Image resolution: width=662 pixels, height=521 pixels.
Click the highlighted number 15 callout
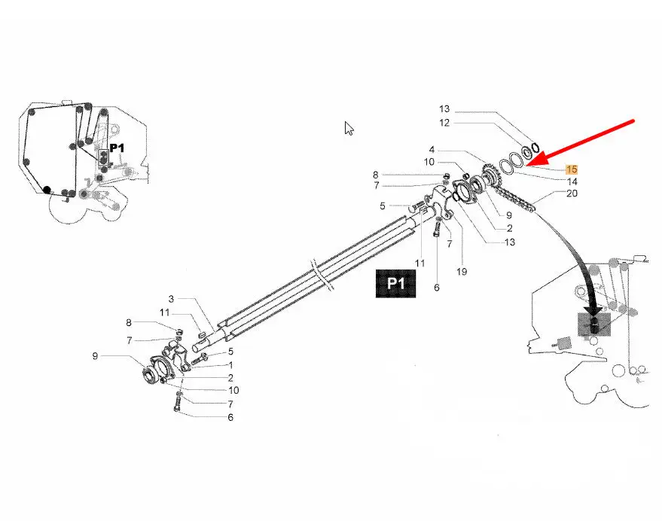pos(572,169)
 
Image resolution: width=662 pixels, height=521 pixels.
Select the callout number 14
pos(572,181)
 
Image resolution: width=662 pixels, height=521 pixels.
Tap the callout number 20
pos(572,193)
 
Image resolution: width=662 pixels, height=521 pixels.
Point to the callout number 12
pos(444,123)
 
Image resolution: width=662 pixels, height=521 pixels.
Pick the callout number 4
pos(432,150)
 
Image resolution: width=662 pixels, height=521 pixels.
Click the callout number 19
pos(462,272)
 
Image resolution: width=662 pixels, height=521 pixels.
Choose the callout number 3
pos(171,299)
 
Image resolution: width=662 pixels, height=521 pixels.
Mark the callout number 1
pos(230,365)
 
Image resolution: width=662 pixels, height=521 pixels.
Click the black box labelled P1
pos(395,284)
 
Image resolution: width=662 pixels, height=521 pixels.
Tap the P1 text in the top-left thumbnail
pos(117,148)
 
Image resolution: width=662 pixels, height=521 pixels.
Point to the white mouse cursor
pos(349,128)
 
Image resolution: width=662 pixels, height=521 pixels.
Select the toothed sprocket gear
pos(490,175)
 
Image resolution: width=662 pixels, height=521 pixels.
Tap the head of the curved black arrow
pos(594,312)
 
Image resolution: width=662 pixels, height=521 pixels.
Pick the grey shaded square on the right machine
pos(594,324)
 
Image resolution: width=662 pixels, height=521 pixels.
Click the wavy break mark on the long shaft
pos(322,275)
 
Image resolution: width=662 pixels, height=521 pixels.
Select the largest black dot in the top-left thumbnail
pos(47,190)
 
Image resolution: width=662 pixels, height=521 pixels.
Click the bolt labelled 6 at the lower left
pos(177,402)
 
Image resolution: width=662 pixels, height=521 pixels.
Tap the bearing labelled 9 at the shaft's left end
pos(149,373)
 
